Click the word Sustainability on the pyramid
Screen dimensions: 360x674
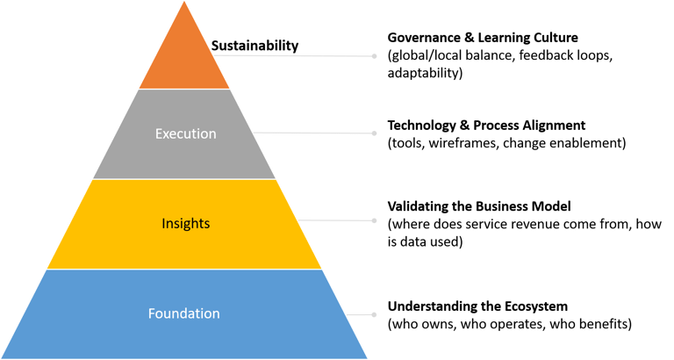pyautogui.click(x=255, y=45)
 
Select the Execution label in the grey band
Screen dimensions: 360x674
pyautogui.click(x=185, y=133)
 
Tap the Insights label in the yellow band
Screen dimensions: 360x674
pyautogui.click(x=185, y=224)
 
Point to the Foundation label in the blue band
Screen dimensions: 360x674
pyautogui.click(x=184, y=313)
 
